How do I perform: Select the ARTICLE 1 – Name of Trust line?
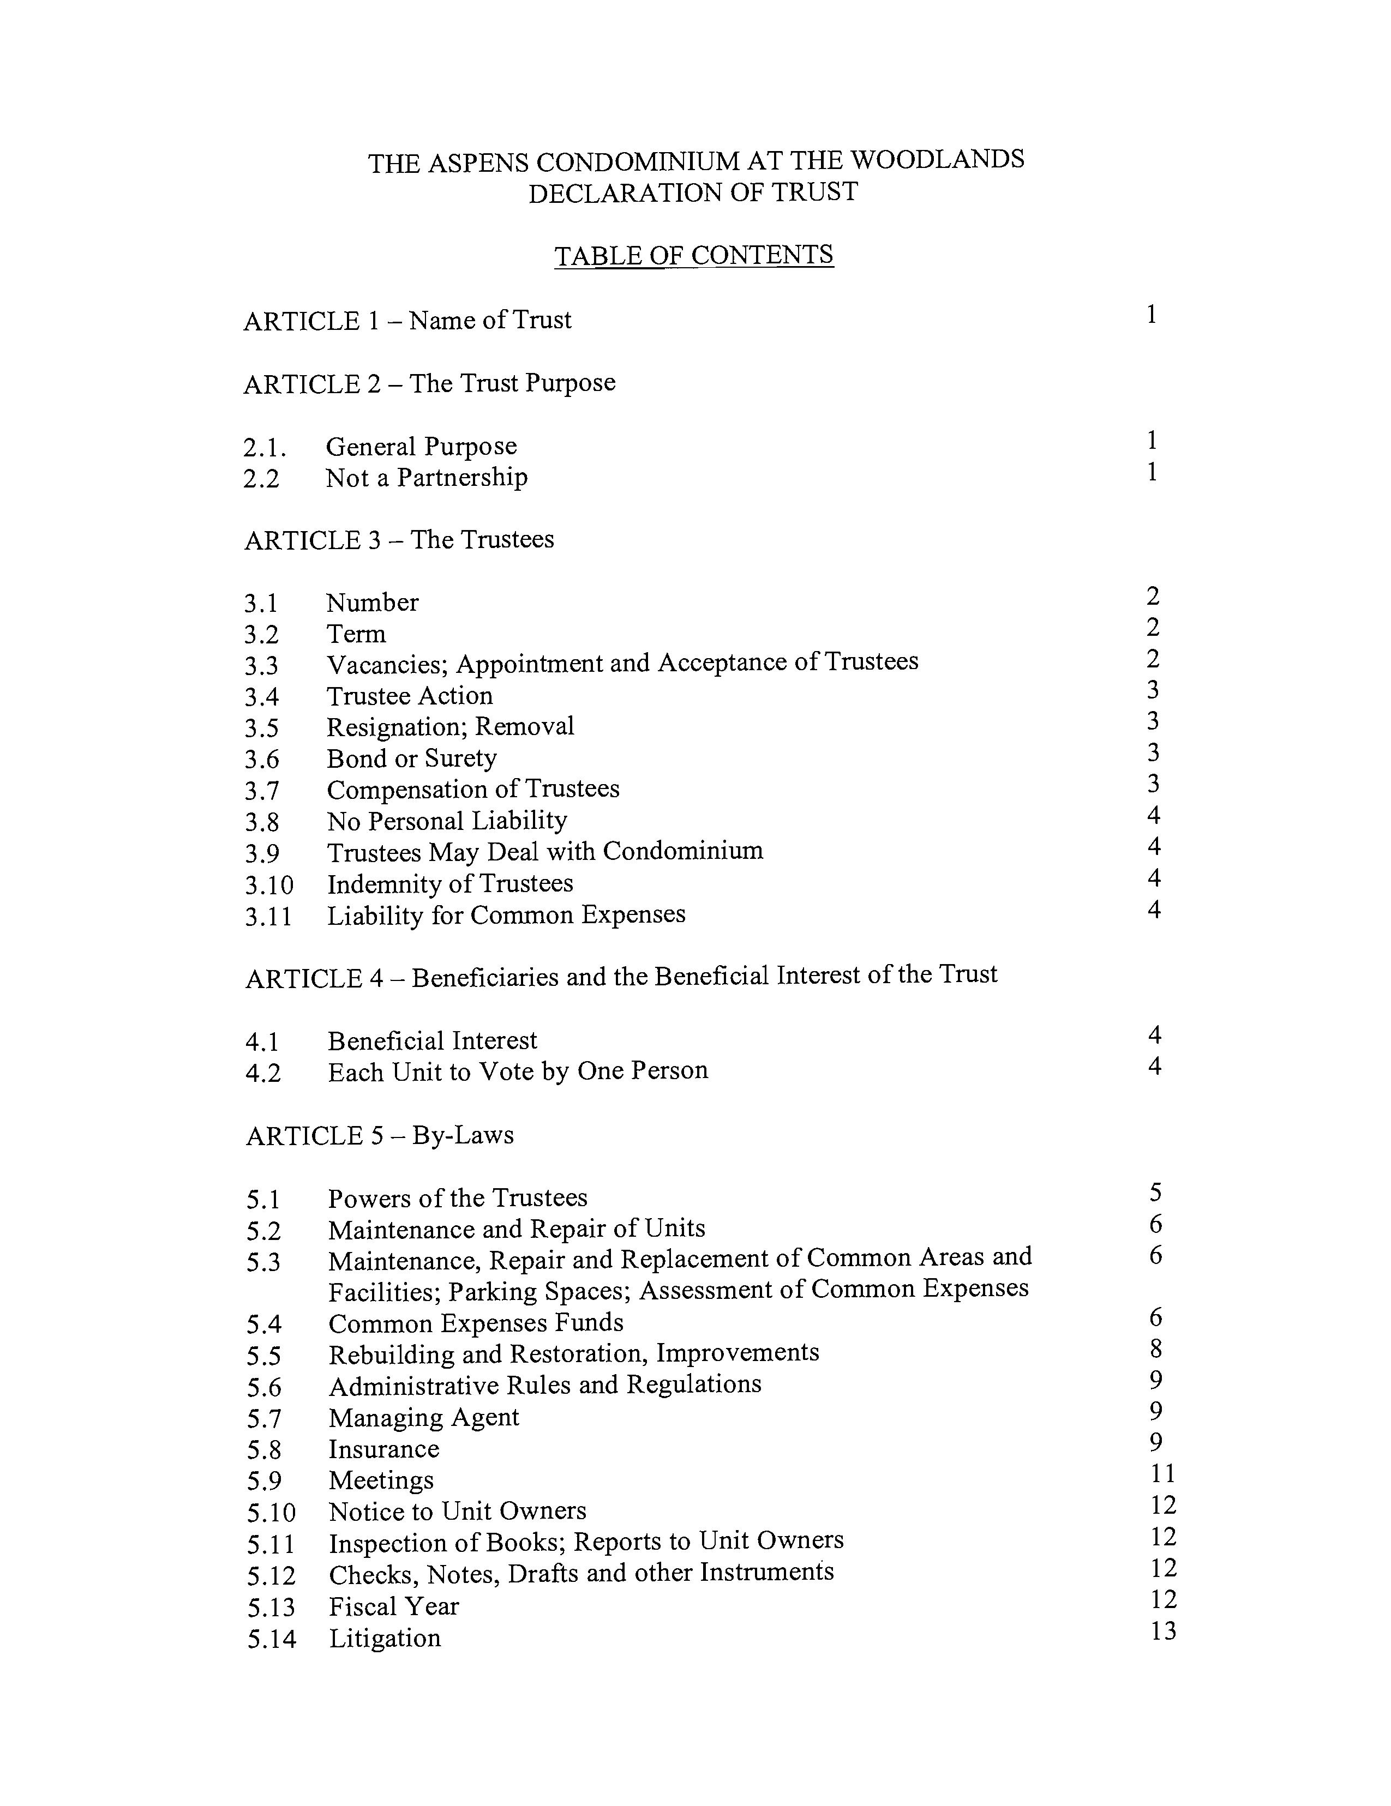click(x=407, y=320)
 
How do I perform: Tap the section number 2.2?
click(x=261, y=478)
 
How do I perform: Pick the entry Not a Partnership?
click(x=426, y=477)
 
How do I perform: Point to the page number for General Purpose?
click(x=1151, y=441)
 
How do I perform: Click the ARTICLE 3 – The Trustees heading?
click(x=399, y=539)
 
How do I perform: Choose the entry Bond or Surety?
click(x=411, y=758)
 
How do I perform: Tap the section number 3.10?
click(x=269, y=885)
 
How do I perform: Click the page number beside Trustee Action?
click(x=1153, y=690)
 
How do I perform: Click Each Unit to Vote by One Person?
click(x=518, y=1071)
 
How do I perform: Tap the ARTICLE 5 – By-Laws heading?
click(x=380, y=1135)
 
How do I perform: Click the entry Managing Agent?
click(x=423, y=1417)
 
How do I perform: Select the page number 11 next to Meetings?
click(x=1162, y=1473)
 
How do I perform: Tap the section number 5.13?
click(x=271, y=1608)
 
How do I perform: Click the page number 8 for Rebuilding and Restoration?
click(x=1155, y=1349)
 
